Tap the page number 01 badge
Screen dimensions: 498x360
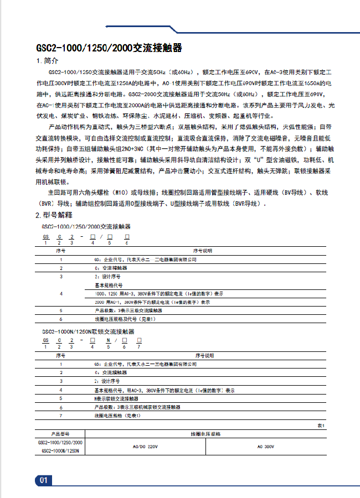coord(44,480)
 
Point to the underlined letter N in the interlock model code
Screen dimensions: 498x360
coord(108,340)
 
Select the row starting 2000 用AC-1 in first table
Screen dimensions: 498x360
coord(152,302)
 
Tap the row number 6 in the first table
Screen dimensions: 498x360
coord(61,319)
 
